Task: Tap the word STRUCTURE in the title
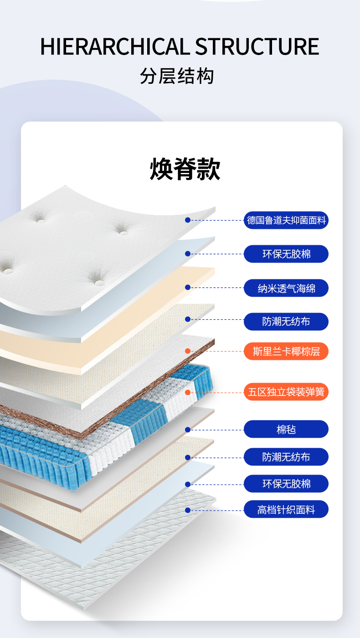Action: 257,47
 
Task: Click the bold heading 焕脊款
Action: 185,169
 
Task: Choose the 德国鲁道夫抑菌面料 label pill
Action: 286,221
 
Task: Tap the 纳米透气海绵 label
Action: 286,288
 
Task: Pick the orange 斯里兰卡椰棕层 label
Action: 286,351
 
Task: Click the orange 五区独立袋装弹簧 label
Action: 286,392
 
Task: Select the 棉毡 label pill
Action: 286,429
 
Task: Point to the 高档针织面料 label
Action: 286,510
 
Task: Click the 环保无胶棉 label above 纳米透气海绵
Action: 286,254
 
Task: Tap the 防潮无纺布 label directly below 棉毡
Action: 286,457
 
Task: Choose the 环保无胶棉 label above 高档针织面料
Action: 286,484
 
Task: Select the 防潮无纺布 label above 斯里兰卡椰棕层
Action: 286,322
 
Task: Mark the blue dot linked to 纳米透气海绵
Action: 188,287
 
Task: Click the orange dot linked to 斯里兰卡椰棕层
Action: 188,351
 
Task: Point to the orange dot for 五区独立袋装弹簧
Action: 188,392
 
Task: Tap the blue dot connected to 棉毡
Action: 188,430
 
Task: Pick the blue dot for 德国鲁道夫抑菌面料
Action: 188,220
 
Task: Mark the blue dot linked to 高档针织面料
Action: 188,510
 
